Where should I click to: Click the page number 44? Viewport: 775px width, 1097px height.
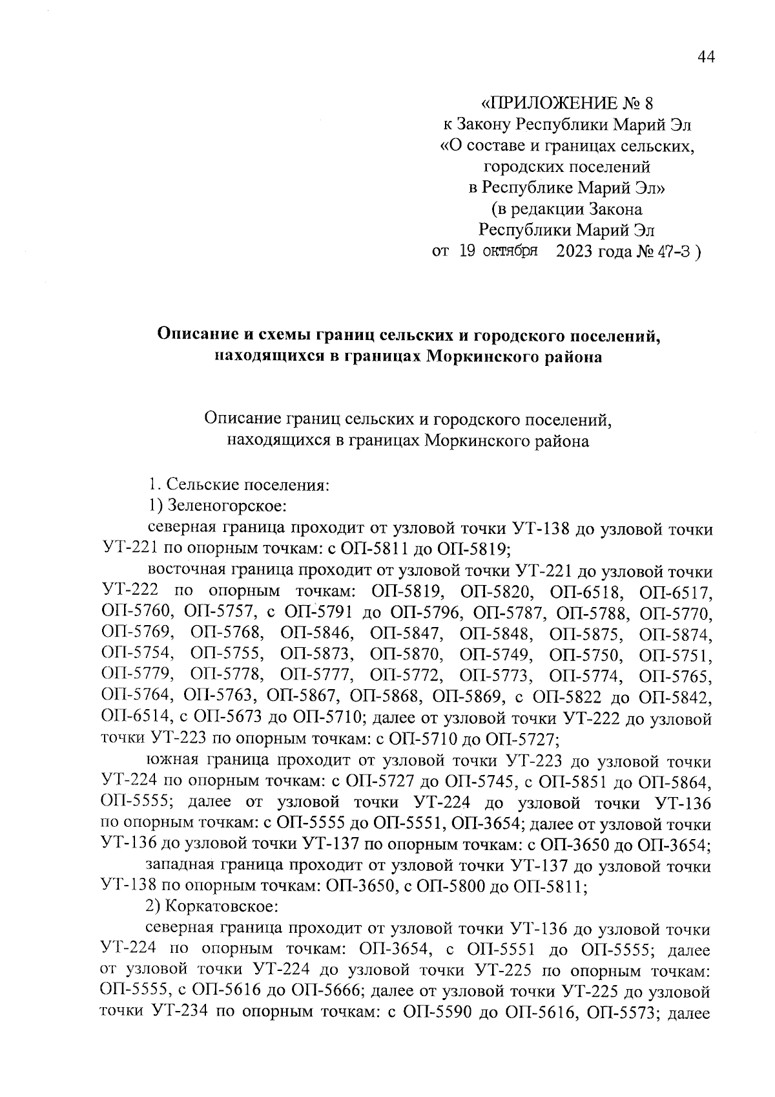click(707, 58)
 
